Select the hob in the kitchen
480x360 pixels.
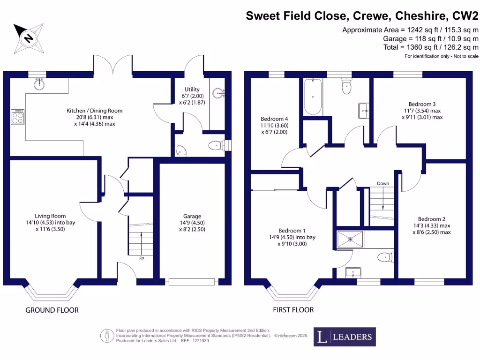point(17,117)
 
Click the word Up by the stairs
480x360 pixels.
point(141,258)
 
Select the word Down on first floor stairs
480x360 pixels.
point(383,183)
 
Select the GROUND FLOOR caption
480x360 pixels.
point(52,310)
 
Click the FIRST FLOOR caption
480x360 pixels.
point(293,310)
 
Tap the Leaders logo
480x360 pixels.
point(345,337)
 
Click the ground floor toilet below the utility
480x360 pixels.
point(216,146)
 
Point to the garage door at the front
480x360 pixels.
point(192,281)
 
